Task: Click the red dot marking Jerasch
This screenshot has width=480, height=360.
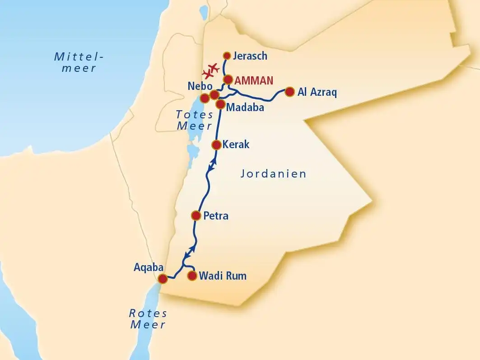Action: point(227,56)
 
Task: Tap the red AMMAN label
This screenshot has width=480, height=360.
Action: point(254,81)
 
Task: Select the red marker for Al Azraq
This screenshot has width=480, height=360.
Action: point(290,92)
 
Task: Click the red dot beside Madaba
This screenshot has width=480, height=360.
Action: point(220,104)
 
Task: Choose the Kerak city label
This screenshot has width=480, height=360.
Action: point(236,145)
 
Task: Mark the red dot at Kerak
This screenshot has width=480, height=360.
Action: point(216,145)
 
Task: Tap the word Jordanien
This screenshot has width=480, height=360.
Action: point(274,173)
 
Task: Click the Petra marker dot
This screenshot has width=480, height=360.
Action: point(196,215)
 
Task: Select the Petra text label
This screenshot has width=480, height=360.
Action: point(216,216)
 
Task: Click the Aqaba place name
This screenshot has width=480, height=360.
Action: point(148,267)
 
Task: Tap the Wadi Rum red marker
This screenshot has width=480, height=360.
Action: point(192,275)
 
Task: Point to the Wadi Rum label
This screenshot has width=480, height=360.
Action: point(223,275)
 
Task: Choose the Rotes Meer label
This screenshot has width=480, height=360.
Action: point(148,318)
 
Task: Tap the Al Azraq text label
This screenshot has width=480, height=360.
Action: point(317,92)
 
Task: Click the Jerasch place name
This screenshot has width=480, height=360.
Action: point(251,56)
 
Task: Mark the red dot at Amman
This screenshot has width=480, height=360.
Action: point(228,79)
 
